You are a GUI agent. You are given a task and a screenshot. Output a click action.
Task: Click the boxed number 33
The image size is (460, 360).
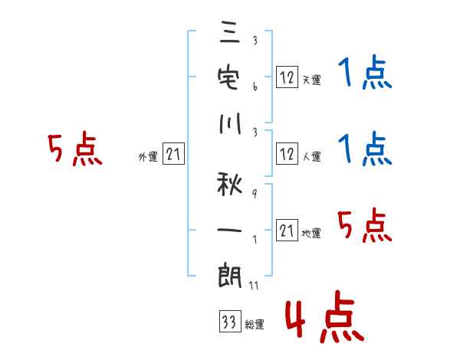pos(228,322)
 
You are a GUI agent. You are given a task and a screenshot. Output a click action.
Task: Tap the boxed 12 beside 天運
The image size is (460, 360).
pos(287,77)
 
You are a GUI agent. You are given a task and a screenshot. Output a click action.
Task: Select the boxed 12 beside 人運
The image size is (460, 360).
pos(287,154)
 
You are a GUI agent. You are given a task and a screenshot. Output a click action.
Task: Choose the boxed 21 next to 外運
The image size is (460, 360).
pos(173,155)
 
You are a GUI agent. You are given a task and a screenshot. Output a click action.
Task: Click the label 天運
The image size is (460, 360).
pos(312,80)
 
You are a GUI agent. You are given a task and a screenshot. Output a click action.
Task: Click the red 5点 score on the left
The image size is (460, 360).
pos(74,149)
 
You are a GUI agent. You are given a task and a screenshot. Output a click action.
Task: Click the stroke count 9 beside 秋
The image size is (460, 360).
pos(254,195)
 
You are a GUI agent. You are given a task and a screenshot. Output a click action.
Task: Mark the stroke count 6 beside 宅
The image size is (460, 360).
pos(254,87)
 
